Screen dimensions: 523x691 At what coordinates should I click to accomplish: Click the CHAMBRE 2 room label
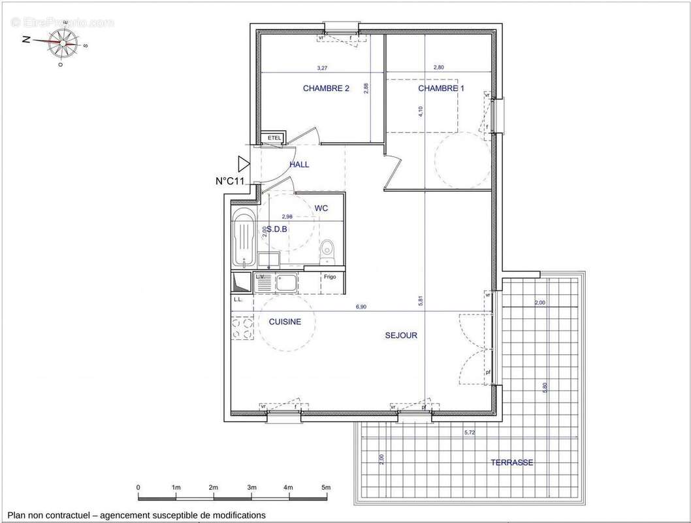coord(326,88)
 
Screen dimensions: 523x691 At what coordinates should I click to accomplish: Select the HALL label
coord(299,165)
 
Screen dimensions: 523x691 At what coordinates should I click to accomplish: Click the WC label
coord(321,208)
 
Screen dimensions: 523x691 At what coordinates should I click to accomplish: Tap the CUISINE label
coord(285,322)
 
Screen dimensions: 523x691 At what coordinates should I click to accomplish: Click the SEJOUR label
coord(400,335)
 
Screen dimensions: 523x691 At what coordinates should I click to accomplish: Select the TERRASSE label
coord(512,462)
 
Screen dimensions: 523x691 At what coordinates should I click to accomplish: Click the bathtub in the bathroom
coord(243,238)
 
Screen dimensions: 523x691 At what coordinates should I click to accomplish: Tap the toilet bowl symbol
coord(328,248)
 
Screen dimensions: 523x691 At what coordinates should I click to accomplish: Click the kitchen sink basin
coord(285,284)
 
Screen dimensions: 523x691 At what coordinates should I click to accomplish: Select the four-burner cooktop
coord(242,328)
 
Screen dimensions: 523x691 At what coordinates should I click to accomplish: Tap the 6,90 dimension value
coord(361,307)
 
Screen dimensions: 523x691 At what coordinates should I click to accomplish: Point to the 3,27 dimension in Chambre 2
coord(322,68)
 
